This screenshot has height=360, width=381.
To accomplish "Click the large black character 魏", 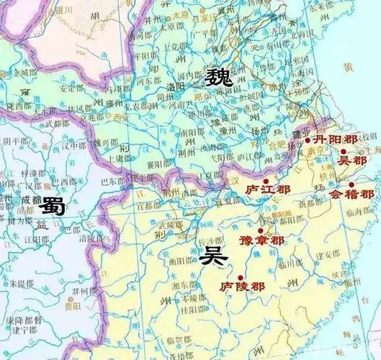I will tap(218, 77).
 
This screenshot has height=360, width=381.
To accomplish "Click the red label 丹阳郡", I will tap(332, 139).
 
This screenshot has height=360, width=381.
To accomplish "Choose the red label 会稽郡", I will tap(351, 194).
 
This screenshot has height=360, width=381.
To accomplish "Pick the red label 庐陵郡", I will tap(241, 286).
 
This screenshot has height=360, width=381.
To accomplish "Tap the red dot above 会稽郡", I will tap(351, 184).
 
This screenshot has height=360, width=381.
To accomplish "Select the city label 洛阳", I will tap(175, 85).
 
